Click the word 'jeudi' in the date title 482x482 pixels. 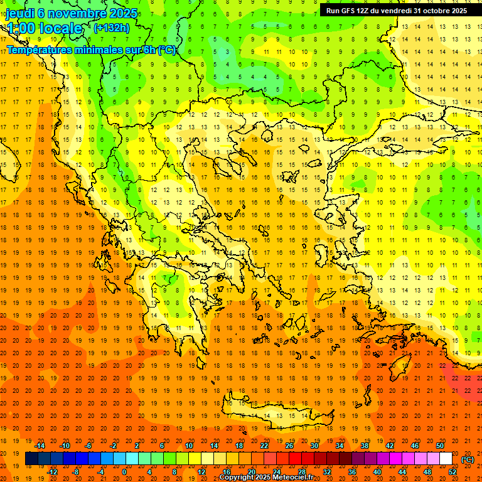[x=19, y=13]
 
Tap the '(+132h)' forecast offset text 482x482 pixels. [x=111, y=28]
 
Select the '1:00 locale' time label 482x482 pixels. [x=44, y=28]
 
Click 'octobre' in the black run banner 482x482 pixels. [x=429, y=11]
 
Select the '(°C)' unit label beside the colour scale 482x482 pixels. [x=468, y=459]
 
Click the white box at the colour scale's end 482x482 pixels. [x=446, y=459]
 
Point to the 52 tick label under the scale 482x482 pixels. [x=453, y=472]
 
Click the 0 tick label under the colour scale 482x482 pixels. [x=124, y=472]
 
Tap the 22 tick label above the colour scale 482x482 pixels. [x=264, y=446]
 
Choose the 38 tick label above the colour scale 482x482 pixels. [x=365, y=446]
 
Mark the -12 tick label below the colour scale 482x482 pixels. [x=53, y=472]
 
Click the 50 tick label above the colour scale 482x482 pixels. [x=440, y=446]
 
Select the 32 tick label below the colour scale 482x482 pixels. [x=327, y=472]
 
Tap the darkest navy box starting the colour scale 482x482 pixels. [x=31, y=459]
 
